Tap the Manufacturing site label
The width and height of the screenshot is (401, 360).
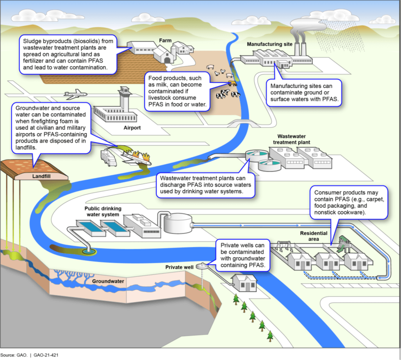[270, 44]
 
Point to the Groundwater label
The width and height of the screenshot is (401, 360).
[108, 281]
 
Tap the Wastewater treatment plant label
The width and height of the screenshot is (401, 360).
[294, 139]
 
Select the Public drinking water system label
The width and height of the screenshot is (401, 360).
[103, 211]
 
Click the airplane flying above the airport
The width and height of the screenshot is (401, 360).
[74, 94]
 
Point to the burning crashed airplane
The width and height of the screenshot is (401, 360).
[135, 158]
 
